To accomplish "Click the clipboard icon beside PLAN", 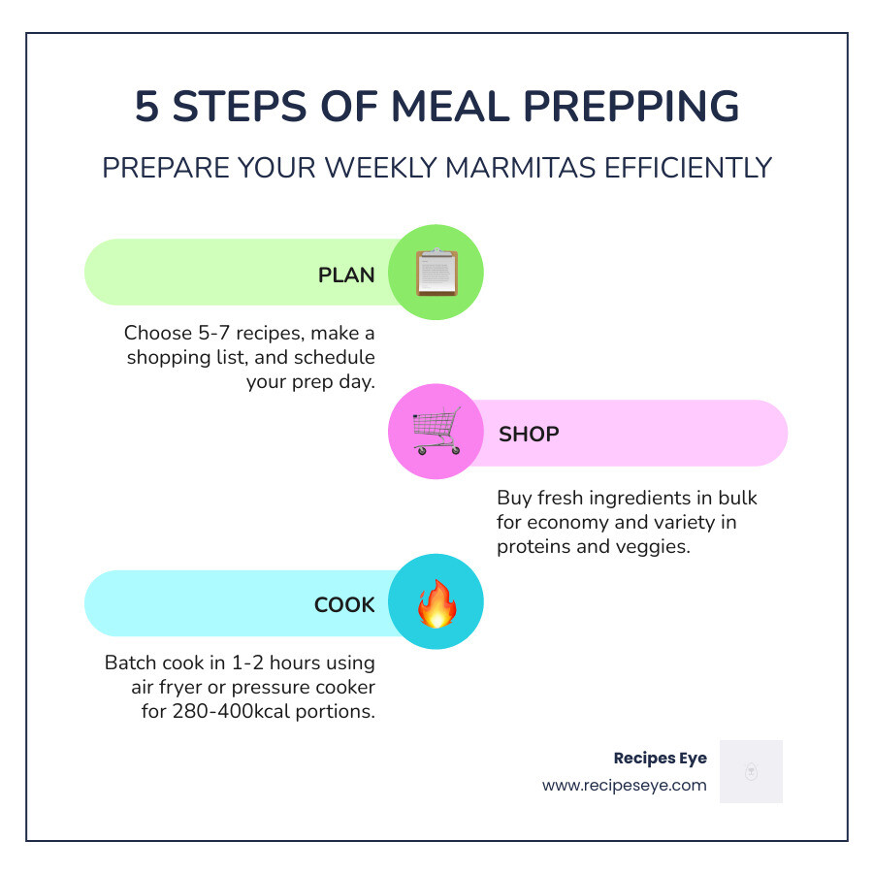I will pos(436,273).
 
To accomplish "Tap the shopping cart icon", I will pos(436,432).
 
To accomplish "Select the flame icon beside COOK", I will pos(436,603).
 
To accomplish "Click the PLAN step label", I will pos(346,275).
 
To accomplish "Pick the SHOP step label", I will pos(529,435).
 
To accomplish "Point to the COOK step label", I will pos(344,605).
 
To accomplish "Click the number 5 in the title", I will pos(146,107).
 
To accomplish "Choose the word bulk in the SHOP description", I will pos(739,498).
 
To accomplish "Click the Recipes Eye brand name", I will pos(660,758).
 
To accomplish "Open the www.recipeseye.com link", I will pos(624,785).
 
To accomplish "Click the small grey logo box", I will pos(750,771).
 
